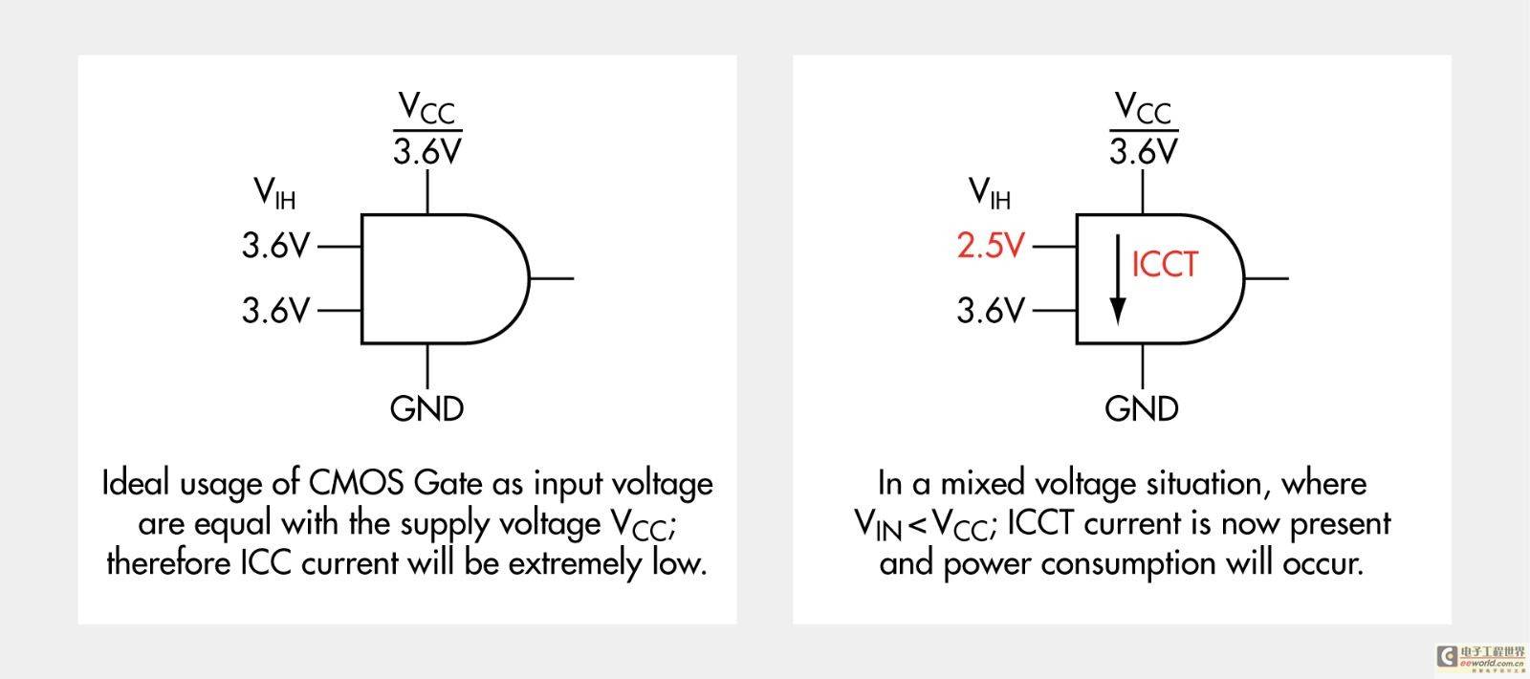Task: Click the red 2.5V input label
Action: point(991,245)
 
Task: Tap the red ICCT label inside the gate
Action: point(1165,264)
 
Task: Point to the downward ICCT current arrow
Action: point(1118,279)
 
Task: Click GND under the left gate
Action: point(426,408)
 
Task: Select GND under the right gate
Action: point(1142,408)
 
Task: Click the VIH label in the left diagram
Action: point(274,192)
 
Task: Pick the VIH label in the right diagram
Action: point(990,192)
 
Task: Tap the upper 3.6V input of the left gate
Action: point(276,245)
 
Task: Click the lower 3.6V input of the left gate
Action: point(276,310)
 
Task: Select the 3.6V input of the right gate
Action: point(991,310)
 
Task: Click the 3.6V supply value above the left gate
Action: point(427,151)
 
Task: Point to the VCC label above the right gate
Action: point(1143,108)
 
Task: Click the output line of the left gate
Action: point(552,278)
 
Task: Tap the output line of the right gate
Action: point(1267,278)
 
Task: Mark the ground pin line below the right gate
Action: point(1143,366)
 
